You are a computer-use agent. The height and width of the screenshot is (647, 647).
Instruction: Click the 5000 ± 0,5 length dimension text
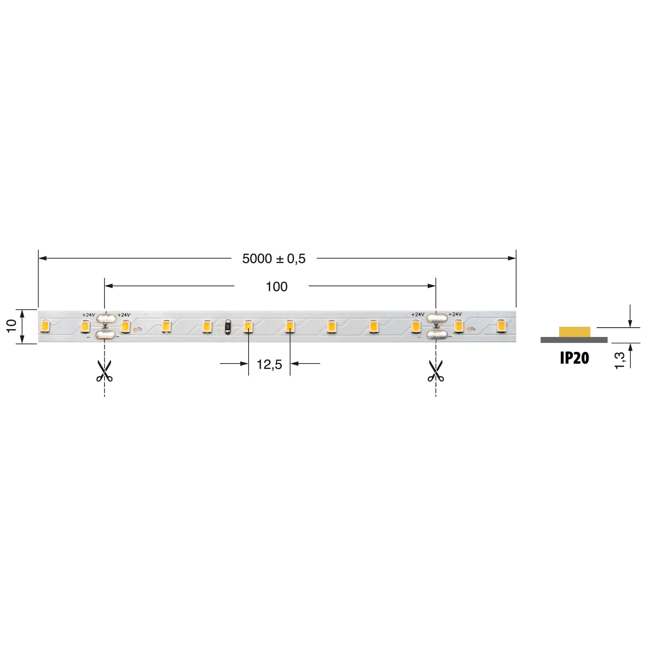point(274,259)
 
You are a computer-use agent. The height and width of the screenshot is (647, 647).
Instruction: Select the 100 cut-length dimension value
point(276,287)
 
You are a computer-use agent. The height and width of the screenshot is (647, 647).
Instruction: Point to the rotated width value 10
point(12,326)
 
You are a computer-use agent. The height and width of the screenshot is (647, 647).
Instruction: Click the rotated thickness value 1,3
point(620,360)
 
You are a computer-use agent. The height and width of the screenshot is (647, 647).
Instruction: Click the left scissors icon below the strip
point(104,371)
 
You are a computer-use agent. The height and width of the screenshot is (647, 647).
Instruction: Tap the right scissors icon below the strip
point(436,371)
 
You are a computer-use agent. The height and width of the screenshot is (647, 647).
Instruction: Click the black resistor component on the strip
point(228,327)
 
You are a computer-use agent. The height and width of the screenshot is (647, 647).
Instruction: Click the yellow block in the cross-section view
point(574,332)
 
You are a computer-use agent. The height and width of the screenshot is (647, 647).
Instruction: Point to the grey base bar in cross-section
point(574,340)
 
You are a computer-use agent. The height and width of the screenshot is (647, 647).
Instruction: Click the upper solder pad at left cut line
point(106,318)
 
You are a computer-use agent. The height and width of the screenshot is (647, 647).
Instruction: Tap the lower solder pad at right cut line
point(437,334)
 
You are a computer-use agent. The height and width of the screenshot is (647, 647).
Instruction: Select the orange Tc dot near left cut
point(135,330)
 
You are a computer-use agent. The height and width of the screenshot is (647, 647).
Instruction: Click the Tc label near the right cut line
point(473,329)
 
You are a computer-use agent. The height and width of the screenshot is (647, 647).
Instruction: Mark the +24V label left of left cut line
point(89,315)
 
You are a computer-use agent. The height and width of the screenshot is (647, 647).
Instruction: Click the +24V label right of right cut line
point(455,314)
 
